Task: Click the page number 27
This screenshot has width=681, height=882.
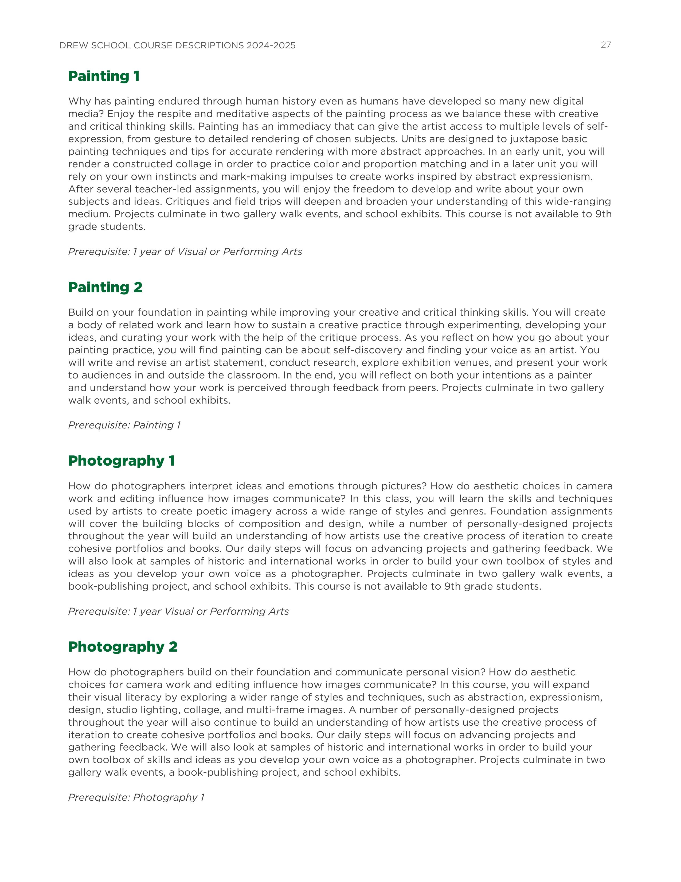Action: (606, 45)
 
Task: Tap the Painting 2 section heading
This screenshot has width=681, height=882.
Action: (105, 288)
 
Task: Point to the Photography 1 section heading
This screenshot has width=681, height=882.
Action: (122, 461)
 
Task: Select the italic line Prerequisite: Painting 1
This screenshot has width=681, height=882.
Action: (124, 425)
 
